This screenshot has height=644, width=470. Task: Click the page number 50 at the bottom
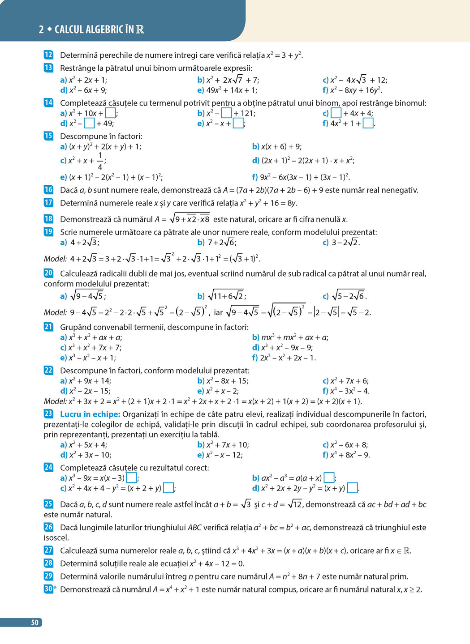click(x=34, y=623)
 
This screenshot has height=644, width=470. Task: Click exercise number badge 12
click(x=48, y=55)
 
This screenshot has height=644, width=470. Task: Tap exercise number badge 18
click(x=48, y=219)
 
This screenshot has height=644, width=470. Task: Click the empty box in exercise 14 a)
click(x=110, y=113)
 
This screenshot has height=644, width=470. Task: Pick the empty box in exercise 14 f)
click(x=368, y=124)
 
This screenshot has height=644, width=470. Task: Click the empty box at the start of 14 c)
click(x=336, y=113)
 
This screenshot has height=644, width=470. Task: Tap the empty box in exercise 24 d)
click(x=353, y=488)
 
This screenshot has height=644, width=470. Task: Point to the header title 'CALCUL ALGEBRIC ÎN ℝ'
click(x=99, y=30)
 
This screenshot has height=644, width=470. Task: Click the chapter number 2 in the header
click(x=41, y=30)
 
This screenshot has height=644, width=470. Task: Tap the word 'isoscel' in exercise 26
click(x=56, y=537)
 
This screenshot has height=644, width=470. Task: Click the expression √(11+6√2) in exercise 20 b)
click(x=227, y=296)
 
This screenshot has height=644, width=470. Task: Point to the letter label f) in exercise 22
click(x=325, y=391)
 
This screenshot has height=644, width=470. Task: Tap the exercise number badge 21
click(x=48, y=327)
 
